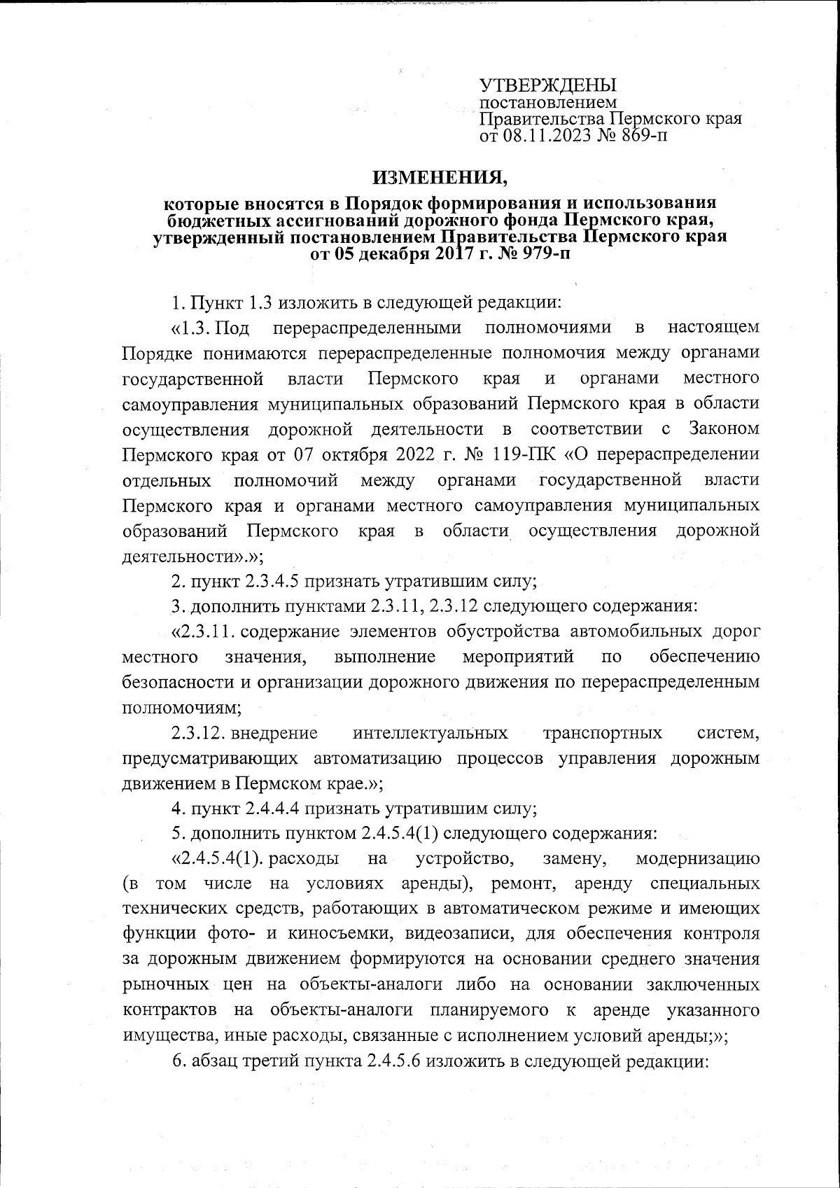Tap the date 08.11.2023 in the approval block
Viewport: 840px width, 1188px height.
[543, 134]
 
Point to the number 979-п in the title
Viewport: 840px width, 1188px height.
[542, 254]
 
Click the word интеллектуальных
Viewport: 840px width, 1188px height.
[430, 734]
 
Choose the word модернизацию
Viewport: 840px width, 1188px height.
[696, 859]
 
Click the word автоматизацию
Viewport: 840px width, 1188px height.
[377, 759]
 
